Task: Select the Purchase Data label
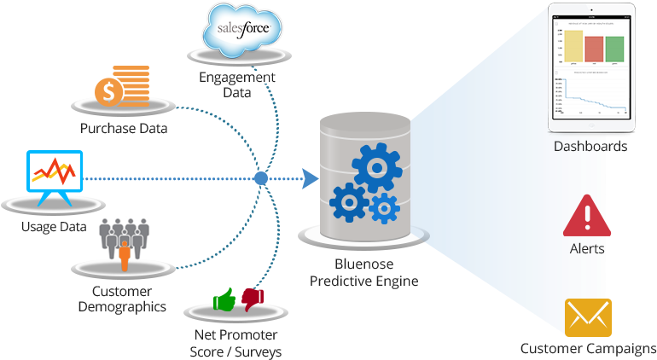124,129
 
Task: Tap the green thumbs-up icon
224,299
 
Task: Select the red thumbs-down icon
253,298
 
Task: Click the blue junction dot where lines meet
262,178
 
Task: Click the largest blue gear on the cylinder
376,167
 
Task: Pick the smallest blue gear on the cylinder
385,207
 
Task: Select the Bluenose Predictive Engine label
363,273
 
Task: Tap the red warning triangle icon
587,217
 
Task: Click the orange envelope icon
588,317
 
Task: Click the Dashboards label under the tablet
590,147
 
